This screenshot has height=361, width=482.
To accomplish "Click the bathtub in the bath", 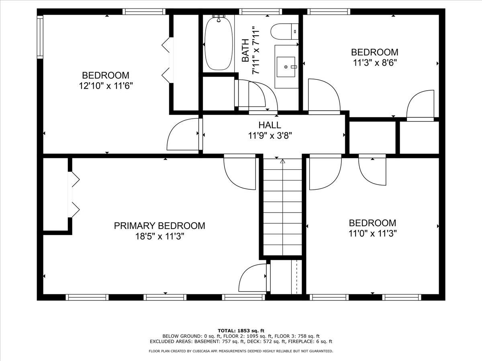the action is point(219,44).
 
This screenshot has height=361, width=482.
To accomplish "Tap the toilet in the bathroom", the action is point(284,32).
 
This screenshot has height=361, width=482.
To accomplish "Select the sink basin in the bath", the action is point(286,67).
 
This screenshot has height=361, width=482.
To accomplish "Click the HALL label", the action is point(270,125).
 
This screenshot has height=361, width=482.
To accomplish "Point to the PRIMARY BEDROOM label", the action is point(159,226).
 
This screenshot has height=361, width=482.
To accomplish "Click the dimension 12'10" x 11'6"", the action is point(106,86).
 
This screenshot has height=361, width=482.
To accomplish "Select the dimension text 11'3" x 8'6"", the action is point(375,63).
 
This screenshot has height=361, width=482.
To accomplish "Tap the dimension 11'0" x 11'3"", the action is point(373,234).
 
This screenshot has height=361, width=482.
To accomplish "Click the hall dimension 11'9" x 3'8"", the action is point(270,136).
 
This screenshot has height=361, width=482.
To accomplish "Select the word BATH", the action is point(245,51).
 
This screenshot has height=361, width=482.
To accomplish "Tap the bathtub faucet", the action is point(219,18).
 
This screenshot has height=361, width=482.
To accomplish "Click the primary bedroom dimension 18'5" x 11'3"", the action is point(159,237).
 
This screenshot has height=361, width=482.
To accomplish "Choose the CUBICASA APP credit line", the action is point(241,351).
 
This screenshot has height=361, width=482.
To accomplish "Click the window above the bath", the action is point(260,12).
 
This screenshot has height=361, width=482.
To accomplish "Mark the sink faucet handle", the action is point(294,67).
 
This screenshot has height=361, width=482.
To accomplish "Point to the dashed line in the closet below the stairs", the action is point(297,278).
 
